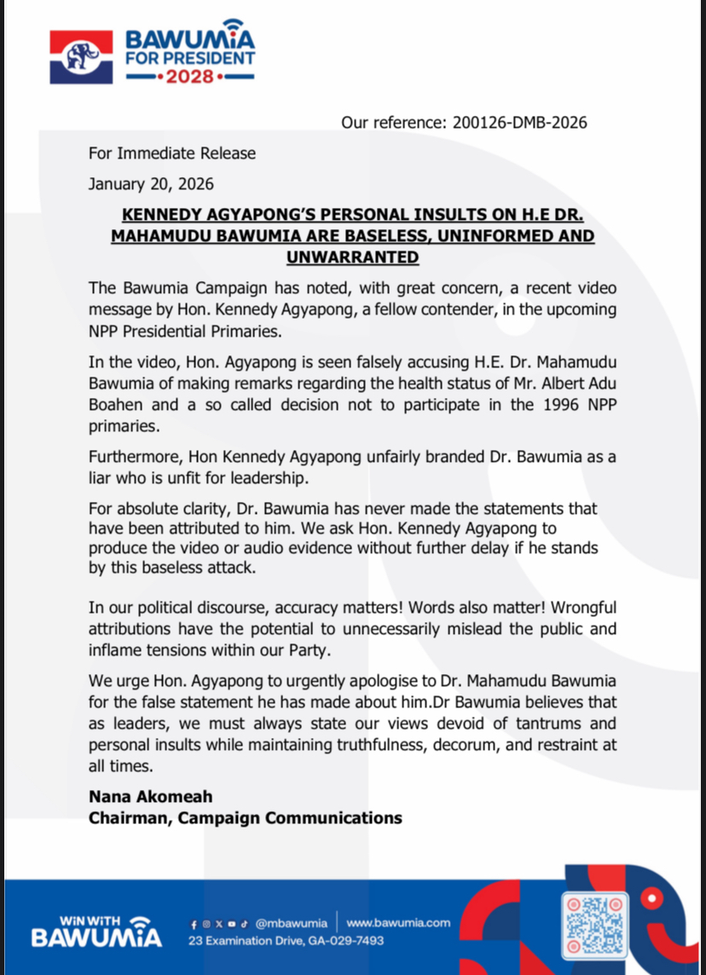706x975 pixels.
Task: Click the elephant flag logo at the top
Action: [x=82, y=57]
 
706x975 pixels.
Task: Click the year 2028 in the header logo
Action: [x=190, y=78]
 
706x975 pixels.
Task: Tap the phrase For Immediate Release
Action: [x=172, y=153]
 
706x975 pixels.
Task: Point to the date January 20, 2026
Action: [x=152, y=184]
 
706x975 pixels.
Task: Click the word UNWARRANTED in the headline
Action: [x=352, y=257]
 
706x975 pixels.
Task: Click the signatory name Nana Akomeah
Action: [x=151, y=797]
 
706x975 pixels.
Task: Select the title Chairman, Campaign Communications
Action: [x=246, y=818]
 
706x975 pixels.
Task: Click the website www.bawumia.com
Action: [x=398, y=923]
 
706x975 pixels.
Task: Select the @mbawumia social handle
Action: [x=291, y=923]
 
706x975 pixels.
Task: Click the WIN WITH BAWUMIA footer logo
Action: [x=96, y=932]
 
